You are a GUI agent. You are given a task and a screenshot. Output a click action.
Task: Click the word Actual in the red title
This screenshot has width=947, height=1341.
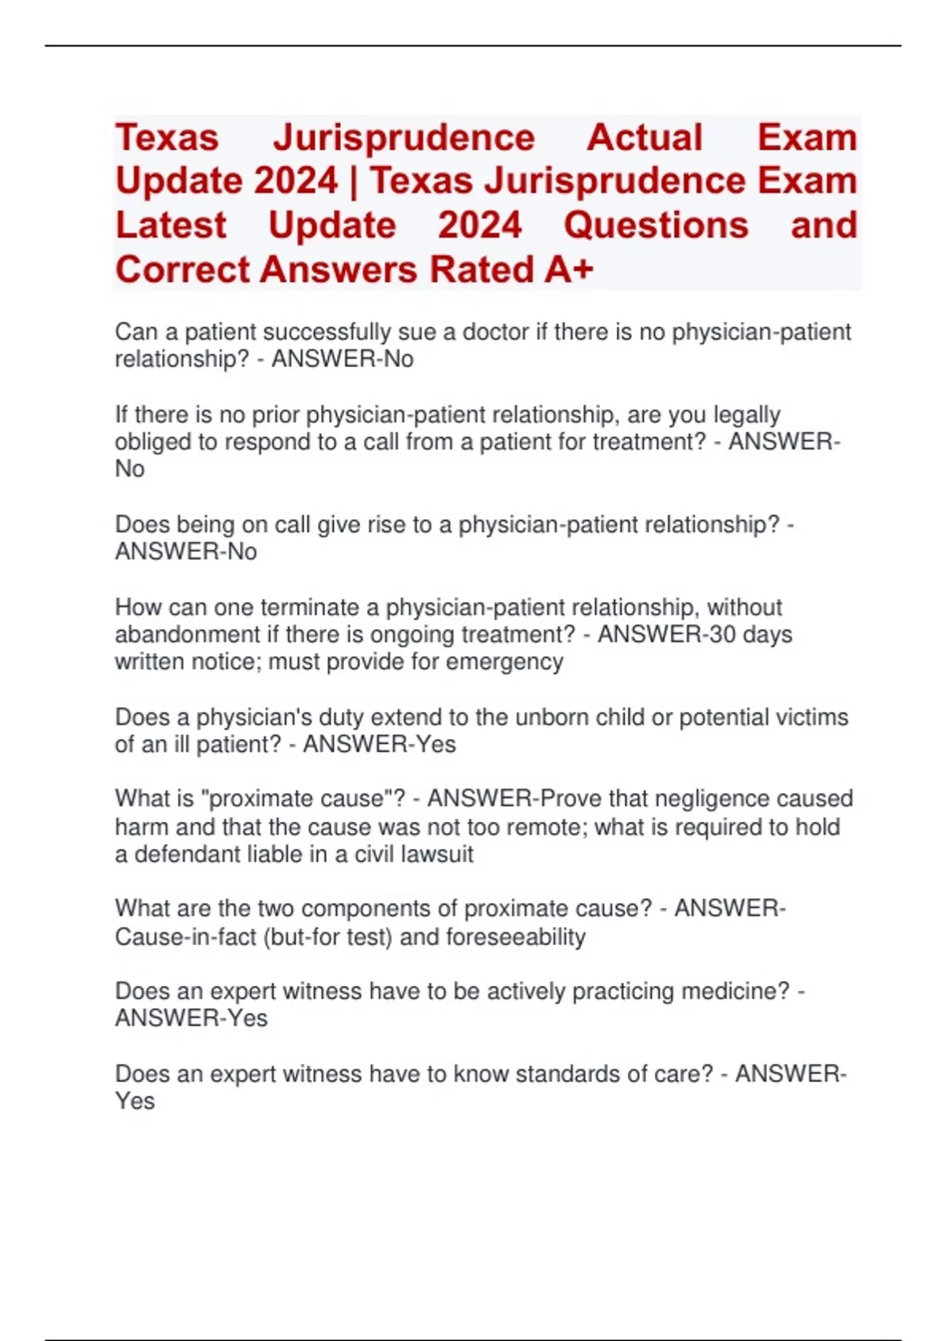point(644,137)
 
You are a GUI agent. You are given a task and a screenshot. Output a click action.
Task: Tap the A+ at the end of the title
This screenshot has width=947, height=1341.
point(568,270)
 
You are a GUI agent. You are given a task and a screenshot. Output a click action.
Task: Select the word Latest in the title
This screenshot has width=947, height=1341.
point(170,226)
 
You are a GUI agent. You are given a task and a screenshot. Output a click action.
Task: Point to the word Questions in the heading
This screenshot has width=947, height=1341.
point(656,226)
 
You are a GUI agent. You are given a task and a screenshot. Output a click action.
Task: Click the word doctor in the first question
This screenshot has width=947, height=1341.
point(496,332)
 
